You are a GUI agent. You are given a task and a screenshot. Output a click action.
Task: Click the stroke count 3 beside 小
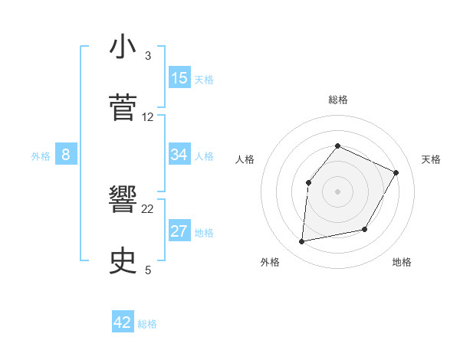[x=148, y=56]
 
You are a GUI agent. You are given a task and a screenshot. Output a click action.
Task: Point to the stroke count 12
[x=148, y=117]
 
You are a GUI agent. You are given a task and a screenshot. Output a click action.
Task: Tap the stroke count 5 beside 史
[x=148, y=270]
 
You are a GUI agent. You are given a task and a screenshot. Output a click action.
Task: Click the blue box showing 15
[x=179, y=78]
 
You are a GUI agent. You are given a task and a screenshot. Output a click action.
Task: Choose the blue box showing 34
[x=179, y=155]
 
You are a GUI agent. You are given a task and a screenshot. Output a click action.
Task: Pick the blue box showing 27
[x=179, y=231]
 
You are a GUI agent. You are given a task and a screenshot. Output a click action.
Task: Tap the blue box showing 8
[x=66, y=155]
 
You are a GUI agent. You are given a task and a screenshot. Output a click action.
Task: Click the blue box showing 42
[x=123, y=322]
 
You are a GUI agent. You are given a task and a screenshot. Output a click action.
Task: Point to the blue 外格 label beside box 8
[x=41, y=156]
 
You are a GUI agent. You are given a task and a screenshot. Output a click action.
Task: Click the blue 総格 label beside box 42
[x=147, y=324]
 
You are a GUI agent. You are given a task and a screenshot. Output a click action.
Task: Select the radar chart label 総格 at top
[x=337, y=100]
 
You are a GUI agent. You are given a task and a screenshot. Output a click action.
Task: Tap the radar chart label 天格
[x=431, y=159]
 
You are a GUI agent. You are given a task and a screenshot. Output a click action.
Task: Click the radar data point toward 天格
[x=396, y=172]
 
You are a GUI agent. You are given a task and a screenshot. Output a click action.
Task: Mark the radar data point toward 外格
[x=302, y=242]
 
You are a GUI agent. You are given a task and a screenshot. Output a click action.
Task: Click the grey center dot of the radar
[x=337, y=191]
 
